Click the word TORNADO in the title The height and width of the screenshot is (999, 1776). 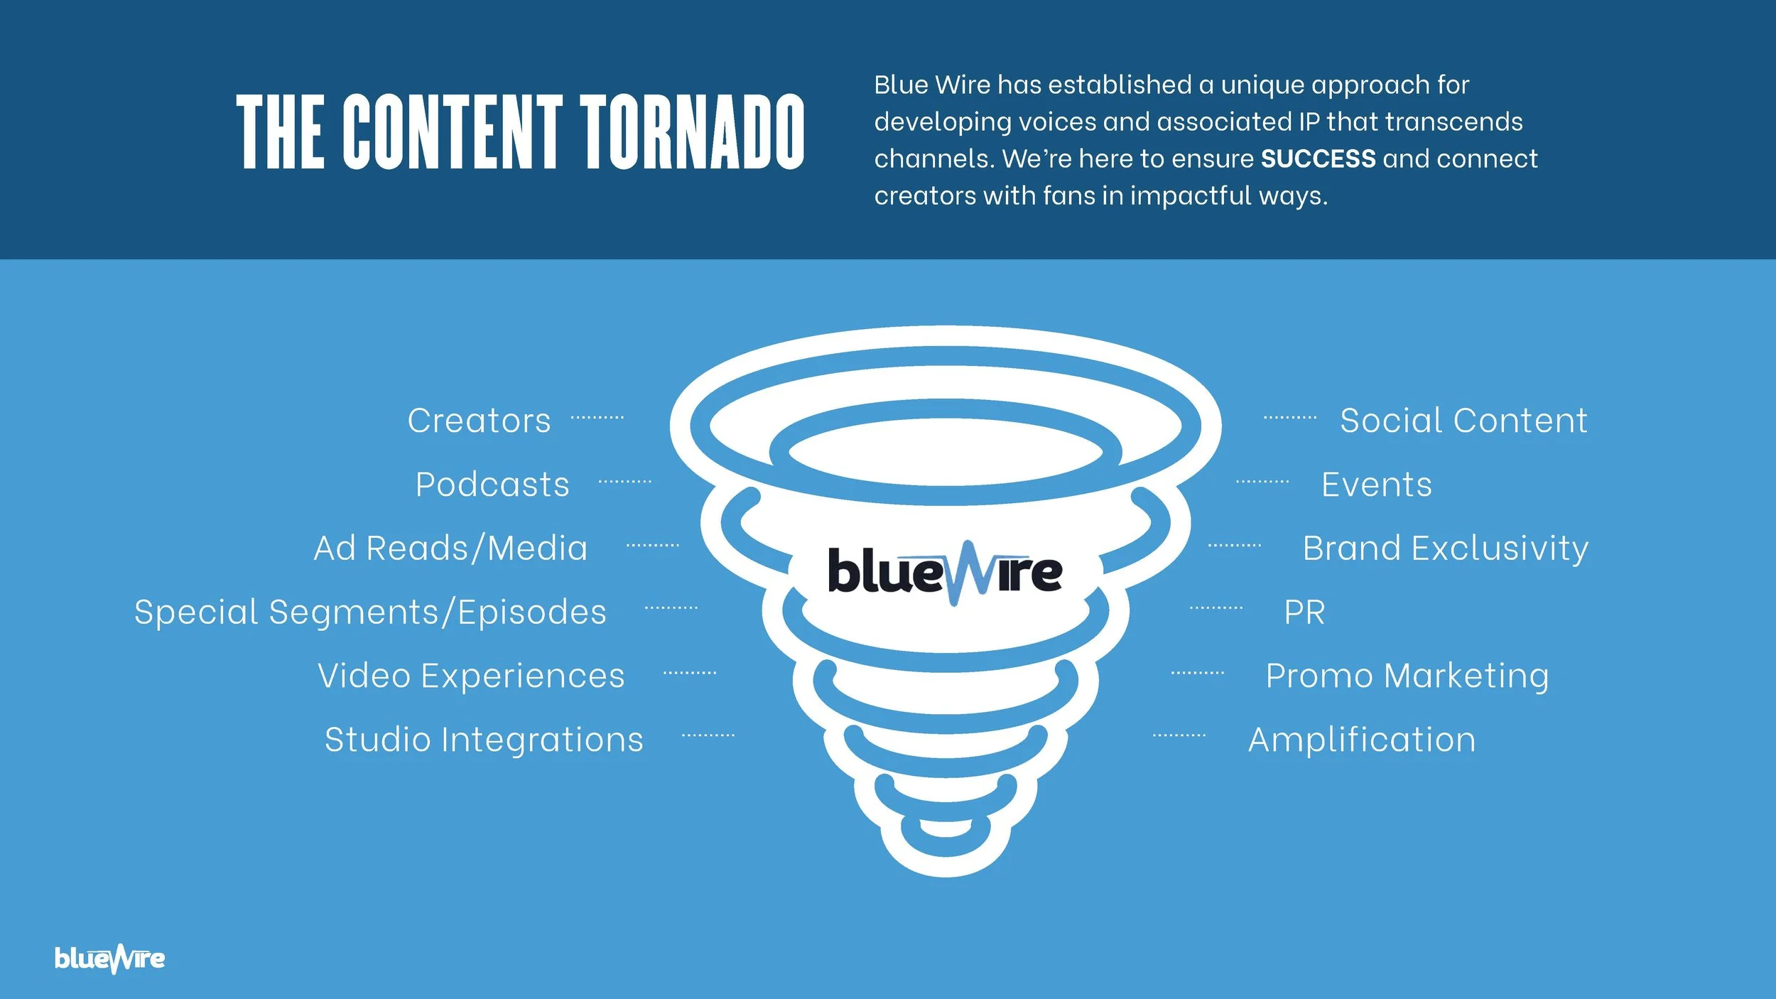(x=693, y=132)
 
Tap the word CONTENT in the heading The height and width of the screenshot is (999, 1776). (x=453, y=132)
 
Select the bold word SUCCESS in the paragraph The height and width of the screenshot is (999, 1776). (x=1318, y=158)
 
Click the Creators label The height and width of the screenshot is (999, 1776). (x=479, y=420)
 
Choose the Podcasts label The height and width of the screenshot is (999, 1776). (x=492, y=485)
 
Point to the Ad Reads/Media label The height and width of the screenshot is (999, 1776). (x=450, y=548)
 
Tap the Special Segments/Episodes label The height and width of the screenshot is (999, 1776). (x=370, y=612)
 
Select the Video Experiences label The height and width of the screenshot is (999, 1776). (x=471, y=675)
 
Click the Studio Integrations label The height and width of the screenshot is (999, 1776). (x=484, y=739)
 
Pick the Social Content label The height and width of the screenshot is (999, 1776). (x=1463, y=420)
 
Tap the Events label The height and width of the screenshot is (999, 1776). (x=1376, y=485)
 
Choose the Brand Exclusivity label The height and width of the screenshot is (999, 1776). (x=1445, y=548)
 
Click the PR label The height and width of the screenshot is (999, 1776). (x=1304, y=612)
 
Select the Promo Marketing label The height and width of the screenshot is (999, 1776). (x=1407, y=675)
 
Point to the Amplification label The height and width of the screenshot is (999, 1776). (x=1362, y=739)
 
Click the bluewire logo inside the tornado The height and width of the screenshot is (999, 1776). (x=944, y=573)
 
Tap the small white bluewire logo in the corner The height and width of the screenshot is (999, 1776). (x=109, y=958)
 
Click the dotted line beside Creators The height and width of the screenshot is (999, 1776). (x=597, y=418)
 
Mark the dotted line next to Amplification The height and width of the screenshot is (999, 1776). (x=1179, y=735)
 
